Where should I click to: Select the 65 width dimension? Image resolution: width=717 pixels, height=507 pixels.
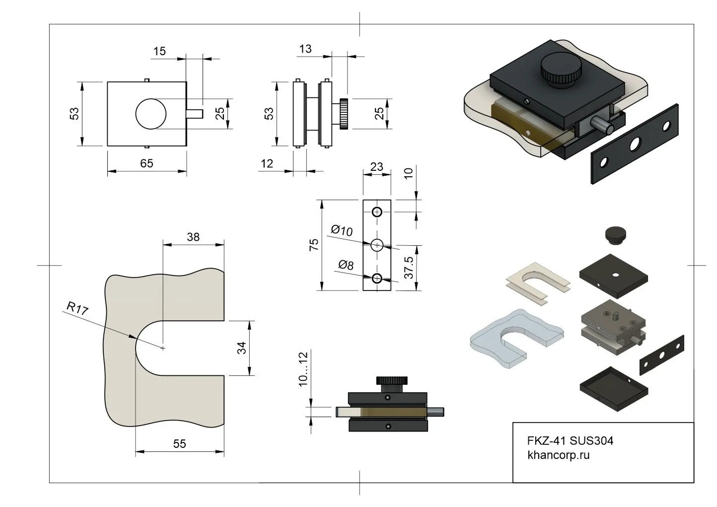(x=146, y=163)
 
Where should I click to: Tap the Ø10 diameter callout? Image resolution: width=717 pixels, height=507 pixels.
(x=342, y=230)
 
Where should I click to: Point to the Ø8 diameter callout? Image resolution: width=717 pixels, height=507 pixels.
(x=346, y=265)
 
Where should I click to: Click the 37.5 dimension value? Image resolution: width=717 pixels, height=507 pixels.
(x=409, y=267)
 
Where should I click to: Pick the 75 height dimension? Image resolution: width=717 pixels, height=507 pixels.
(x=314, y=245)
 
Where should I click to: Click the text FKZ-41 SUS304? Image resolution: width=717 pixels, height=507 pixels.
(x=570, y=440)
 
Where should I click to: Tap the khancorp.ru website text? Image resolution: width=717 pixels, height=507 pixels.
(x=558, y=455)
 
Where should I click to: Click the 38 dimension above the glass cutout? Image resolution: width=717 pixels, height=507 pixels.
(x=193, y=237)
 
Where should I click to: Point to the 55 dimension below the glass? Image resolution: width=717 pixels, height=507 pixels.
(x=180, y=444)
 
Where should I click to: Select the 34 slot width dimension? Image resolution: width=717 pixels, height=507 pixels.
(x=242, y=348)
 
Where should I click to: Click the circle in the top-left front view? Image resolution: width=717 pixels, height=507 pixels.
(x=151, y=114)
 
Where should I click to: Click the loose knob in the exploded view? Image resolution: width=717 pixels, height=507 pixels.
(x=616, y=235)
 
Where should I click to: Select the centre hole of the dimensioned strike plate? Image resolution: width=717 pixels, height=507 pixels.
(x=377, y=245)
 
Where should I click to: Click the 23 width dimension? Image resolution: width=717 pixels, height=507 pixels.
(x=377, y=167)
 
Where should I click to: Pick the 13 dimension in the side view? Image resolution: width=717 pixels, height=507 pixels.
(x=305, y=49)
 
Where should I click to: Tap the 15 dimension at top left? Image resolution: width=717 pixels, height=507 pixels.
(x=159, y=51)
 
